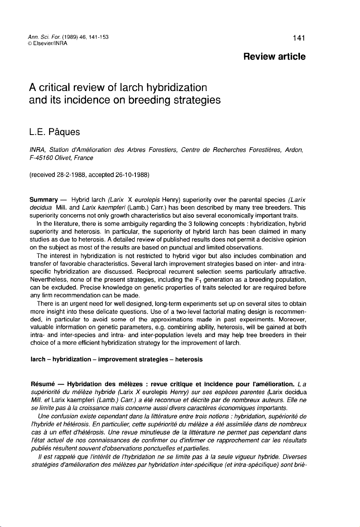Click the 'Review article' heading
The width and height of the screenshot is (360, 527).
click(x=274, y=57)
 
